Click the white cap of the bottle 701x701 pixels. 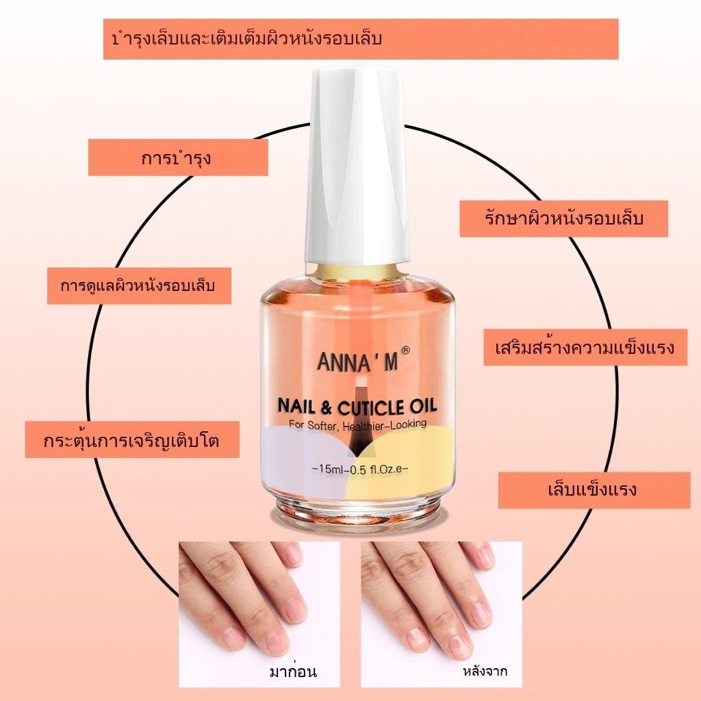pos(357,164)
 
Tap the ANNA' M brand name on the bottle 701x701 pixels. pos(357,361)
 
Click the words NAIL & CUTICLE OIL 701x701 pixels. pos(357,407)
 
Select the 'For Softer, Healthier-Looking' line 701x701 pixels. pos(357,424)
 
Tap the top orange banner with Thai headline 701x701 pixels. pos(361,39)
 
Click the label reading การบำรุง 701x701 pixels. pos(178,157)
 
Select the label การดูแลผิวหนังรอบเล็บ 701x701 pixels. pos(139,285)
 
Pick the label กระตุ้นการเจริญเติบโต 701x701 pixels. pos(132,439)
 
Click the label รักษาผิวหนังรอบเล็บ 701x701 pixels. pos(563,218)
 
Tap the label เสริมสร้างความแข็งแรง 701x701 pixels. pos(585,347)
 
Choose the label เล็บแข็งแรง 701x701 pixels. pos(594,489)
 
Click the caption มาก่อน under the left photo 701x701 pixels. pos(294,672)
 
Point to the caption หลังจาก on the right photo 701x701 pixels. pos(485,672)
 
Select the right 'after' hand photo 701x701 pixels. pos(441,602)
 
